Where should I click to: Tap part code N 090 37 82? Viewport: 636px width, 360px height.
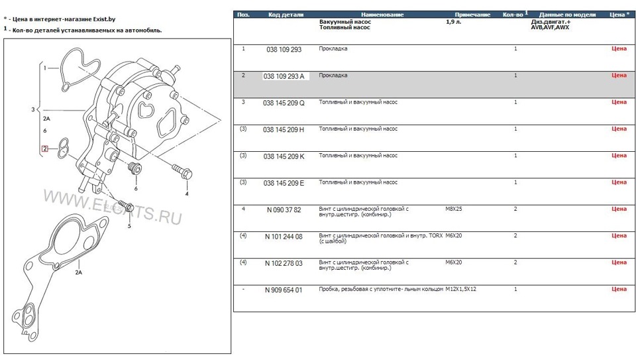(284, 210)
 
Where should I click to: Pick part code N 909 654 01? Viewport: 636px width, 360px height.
(284, 290)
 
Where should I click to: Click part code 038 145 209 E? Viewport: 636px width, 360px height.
(284, 183)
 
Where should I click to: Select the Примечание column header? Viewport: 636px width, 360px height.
(472, 15)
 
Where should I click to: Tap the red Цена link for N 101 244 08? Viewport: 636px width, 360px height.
(618, 236)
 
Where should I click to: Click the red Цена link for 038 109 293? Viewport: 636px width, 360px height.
(618, 49)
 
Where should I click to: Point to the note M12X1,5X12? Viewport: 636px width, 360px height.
(461, 290)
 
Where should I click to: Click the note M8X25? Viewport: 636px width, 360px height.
(454, 209)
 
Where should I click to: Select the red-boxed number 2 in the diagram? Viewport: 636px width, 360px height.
(45, 149)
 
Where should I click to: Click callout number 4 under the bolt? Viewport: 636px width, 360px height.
(187, 194)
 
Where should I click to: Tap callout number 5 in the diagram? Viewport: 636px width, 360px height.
(129, 226)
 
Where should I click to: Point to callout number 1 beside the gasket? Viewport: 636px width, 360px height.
(45, 68)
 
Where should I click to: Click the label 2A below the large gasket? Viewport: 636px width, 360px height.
(78, 272)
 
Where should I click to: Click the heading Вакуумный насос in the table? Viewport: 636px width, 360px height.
(344, 22)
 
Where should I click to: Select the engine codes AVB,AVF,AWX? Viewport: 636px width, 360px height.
(549, 28)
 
